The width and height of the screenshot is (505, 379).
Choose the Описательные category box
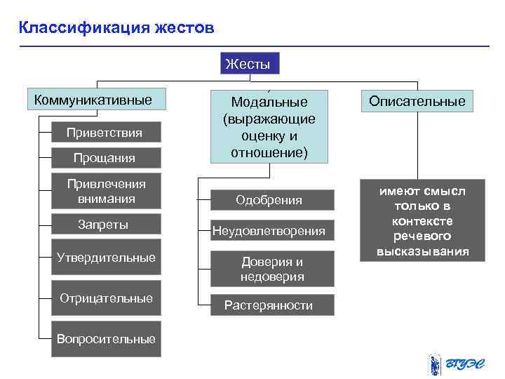(x=417, y=101)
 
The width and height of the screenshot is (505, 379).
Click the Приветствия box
(x=105, y=133)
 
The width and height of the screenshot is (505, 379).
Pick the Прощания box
(x=105, y=158)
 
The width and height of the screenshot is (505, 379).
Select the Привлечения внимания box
(x=106, y=191)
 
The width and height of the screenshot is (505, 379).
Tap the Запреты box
(x=106, y=225)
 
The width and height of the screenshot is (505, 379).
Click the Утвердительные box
(x=106, y=258)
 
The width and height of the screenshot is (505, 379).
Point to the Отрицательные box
(x=106, y=298)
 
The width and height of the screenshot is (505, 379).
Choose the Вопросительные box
(x=106, y=339)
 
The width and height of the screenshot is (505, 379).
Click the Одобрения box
(x=269, y=201)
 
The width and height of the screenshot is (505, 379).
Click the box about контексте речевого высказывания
(x=422, y=221)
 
